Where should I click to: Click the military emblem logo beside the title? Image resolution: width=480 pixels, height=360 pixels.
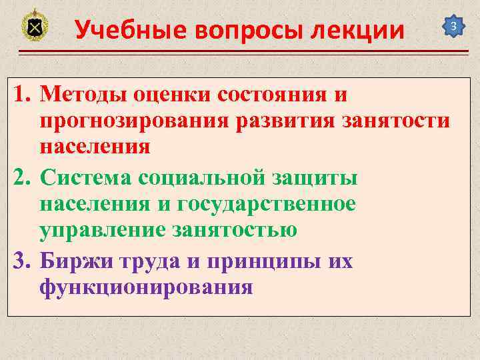pyautogui.click(x=35, y=27)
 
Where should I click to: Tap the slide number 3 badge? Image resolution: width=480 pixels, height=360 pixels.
pyautogui.click(x=453, y=27)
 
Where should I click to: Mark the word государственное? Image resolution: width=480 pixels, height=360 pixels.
pyautogui.click(x=267, y=204)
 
